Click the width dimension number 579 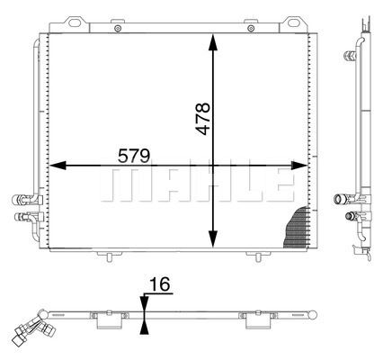coord(133,156)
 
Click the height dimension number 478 coord(203,119)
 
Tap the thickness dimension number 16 coord(160,284)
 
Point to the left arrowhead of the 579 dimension coord(58,166)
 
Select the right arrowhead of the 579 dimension coord(299,166)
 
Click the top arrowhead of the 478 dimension coord(213,42)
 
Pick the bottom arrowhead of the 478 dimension coord(213,238)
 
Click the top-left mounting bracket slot coord(74,22)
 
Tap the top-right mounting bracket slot coord(294,22)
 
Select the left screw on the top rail coord(118,29)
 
